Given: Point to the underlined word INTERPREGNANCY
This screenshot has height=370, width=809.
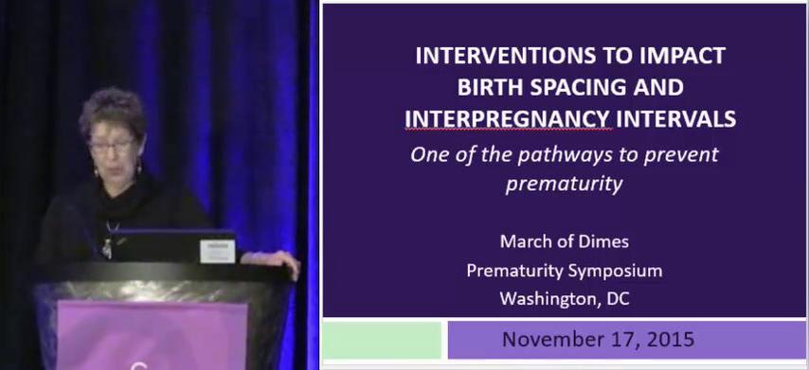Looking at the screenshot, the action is pyautogui.click(x=508, y=119).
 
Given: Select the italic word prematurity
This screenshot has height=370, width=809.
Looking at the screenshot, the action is pyautogui.click(x=564, y=184).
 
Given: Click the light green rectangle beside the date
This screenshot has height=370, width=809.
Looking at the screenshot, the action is pyautogui.click(x=382, y=340).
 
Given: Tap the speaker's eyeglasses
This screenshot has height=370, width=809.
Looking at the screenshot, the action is pyautogui.click(x=113, y=146).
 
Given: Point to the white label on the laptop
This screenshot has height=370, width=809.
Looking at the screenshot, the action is pyautogui.click(x=218, y=252).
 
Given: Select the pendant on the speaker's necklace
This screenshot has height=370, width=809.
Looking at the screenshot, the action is pyautogui.click(x=107, y=249).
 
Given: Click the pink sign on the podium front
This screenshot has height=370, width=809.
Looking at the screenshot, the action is pyautogui.click(x=152, y=336).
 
